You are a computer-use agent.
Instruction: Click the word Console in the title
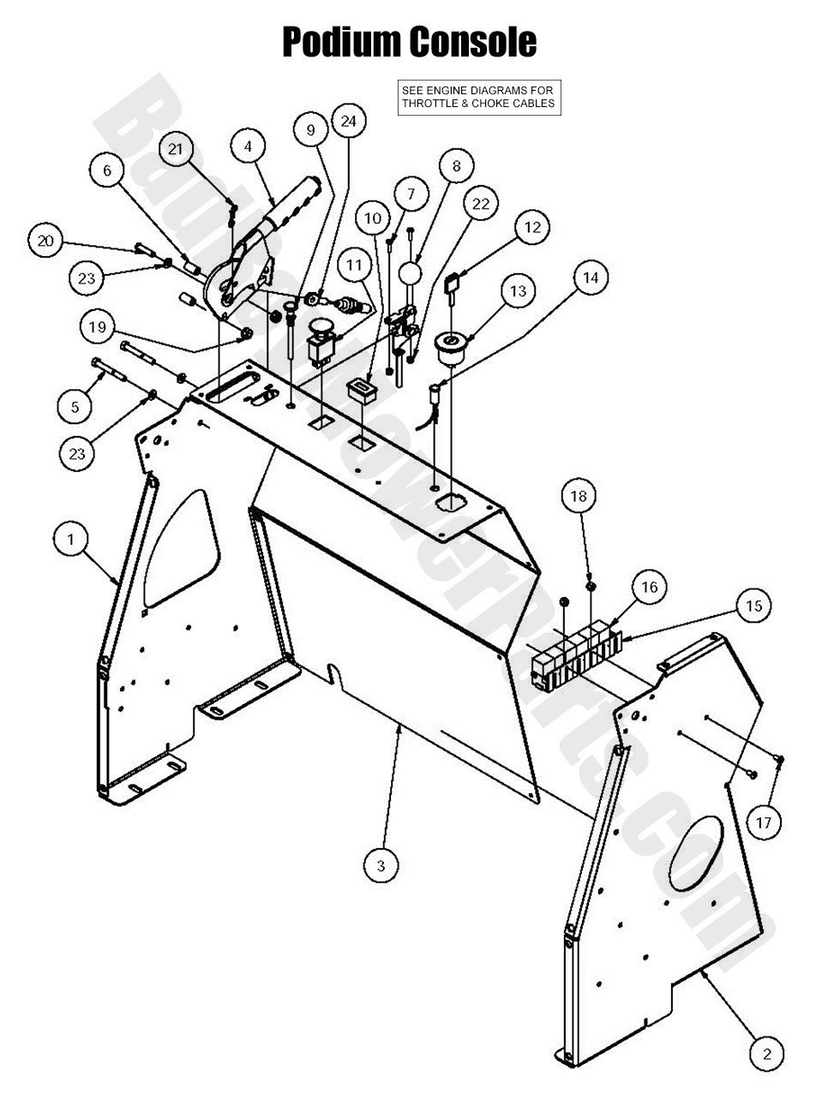coord(473,41)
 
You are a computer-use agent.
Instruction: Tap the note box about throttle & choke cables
coord(479,98)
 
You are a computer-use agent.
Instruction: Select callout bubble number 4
coord(248,146)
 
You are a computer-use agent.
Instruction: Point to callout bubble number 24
coord(349,121)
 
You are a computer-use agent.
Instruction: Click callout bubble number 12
coord(532,227)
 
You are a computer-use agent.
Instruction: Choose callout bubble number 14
coord(591,278)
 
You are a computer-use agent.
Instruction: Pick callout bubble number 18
coord(579,495)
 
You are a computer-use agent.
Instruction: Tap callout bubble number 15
coord(753,606)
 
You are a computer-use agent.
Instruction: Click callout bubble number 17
coord(763,822)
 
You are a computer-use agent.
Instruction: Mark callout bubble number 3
coord(381,865)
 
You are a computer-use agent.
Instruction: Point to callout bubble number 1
coord(70,540)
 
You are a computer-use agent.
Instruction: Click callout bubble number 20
coord(45,241)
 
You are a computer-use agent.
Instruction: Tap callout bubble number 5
coord(75,406)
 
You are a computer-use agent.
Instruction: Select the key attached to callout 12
coord(453,283)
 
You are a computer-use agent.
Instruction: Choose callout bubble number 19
coord(98,326)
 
